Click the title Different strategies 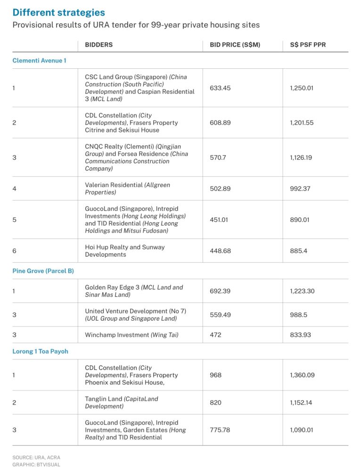[59, 12]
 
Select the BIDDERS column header [98, 45]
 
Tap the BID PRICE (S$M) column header [235, 45]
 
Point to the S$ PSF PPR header [308, 45]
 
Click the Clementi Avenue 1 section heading [39, 60]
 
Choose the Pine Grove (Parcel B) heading [43, 271]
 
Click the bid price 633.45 [220, 88]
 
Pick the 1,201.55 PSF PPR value [302, 122]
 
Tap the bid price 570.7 [218, 157]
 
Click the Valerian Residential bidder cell [127, 188]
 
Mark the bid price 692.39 [220, 291]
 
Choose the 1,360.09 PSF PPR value [302, 375]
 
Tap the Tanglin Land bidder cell [122, 402]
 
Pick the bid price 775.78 [220, 430]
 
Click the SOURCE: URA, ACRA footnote [36, 457]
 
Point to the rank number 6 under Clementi [14, 251]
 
